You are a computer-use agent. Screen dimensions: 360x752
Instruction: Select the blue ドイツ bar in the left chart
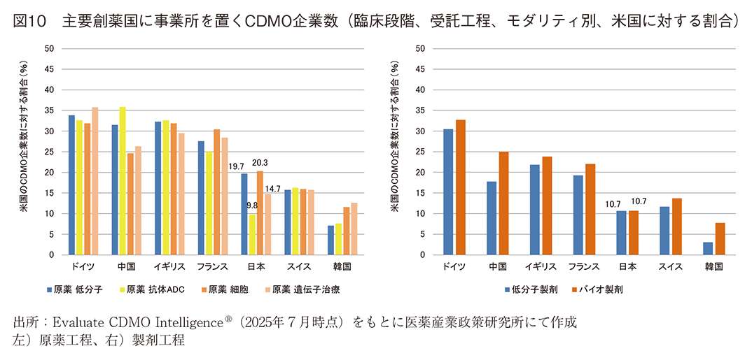point(72,185)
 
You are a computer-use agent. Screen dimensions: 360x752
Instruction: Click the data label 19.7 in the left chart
point(237,166)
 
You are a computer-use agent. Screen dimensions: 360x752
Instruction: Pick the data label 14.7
point(273,188)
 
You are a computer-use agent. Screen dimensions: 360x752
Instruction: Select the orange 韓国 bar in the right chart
point(719,238)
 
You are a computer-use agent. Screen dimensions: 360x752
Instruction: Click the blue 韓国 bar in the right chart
point(708,248)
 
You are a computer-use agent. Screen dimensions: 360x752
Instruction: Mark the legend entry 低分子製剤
point(532,289)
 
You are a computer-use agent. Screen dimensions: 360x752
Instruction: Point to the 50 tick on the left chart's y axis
point(48,49)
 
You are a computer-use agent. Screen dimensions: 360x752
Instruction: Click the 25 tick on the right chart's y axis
point(420,152)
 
